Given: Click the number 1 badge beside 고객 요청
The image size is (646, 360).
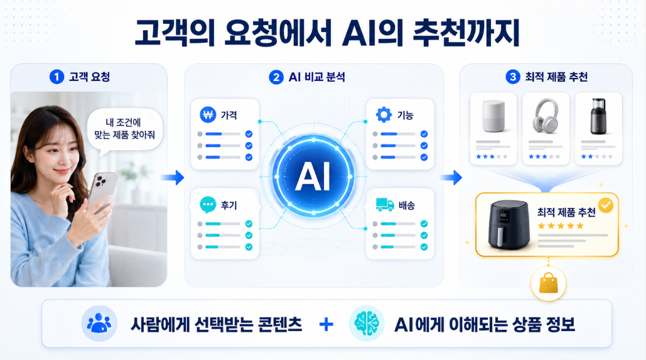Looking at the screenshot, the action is (x=57, y=77).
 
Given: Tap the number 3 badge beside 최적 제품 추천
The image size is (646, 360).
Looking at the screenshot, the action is (x=512, y=77).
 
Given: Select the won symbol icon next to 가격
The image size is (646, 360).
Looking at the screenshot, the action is (x=208, y=115).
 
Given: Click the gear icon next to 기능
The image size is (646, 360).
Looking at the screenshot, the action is (x=384, y=114).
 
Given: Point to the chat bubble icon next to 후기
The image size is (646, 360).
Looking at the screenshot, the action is (x=208, y=205).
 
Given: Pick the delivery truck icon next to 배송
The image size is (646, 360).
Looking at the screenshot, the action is (x=385, y=205).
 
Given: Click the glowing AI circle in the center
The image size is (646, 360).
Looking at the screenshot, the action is (x=313, y=177).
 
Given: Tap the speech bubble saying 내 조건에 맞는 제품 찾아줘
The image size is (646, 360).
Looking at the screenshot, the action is (x=124, y=129).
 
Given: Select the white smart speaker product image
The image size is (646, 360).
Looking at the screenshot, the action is (x=493, y=116).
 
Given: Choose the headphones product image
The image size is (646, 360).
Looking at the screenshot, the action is (x=545, y=116).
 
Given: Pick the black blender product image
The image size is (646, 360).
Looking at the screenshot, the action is (x=598, y=116).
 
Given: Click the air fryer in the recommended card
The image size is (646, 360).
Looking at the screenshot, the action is (x=509, y=225).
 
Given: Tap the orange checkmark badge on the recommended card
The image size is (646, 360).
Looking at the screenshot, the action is (x=605, y=205).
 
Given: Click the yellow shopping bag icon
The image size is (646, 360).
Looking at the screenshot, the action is (x=548, y=284).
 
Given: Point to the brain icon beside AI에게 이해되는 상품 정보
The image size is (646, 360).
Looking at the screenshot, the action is (x=366, y=324).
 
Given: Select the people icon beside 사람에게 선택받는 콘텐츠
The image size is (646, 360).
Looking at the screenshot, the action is (x=99, y=324).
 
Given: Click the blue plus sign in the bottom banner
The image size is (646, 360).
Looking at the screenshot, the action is (x=326, y=324).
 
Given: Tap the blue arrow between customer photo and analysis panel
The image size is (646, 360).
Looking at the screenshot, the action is (x=172, y=177).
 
